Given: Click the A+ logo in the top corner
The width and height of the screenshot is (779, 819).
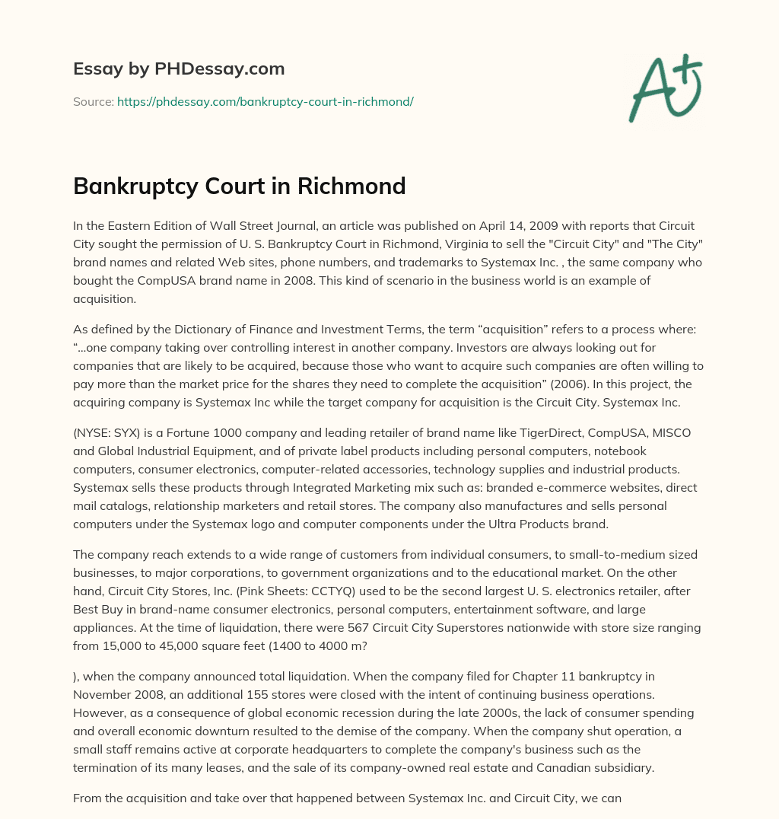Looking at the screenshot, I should [x=664, y=88].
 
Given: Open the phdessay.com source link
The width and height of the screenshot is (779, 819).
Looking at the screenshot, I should [x=265, y=101].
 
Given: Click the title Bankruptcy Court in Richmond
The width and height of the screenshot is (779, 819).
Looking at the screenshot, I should [x=239, y=185].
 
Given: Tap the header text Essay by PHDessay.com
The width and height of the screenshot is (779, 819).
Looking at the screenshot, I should [x=179, y=69].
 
